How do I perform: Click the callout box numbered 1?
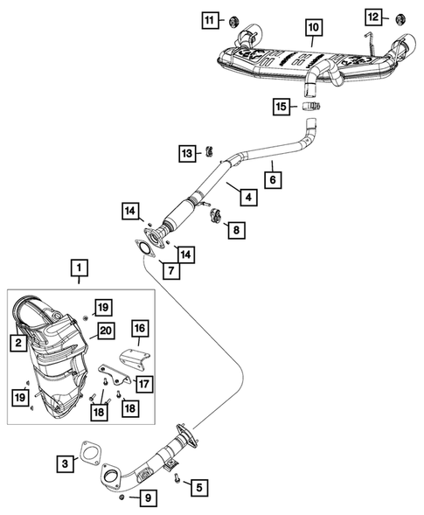click(x=80, y=266)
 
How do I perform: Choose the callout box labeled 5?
click(x=198, y=486)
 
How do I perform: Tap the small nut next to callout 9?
click(x=122, y=498)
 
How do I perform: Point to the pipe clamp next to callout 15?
click(x=309, y=107)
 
